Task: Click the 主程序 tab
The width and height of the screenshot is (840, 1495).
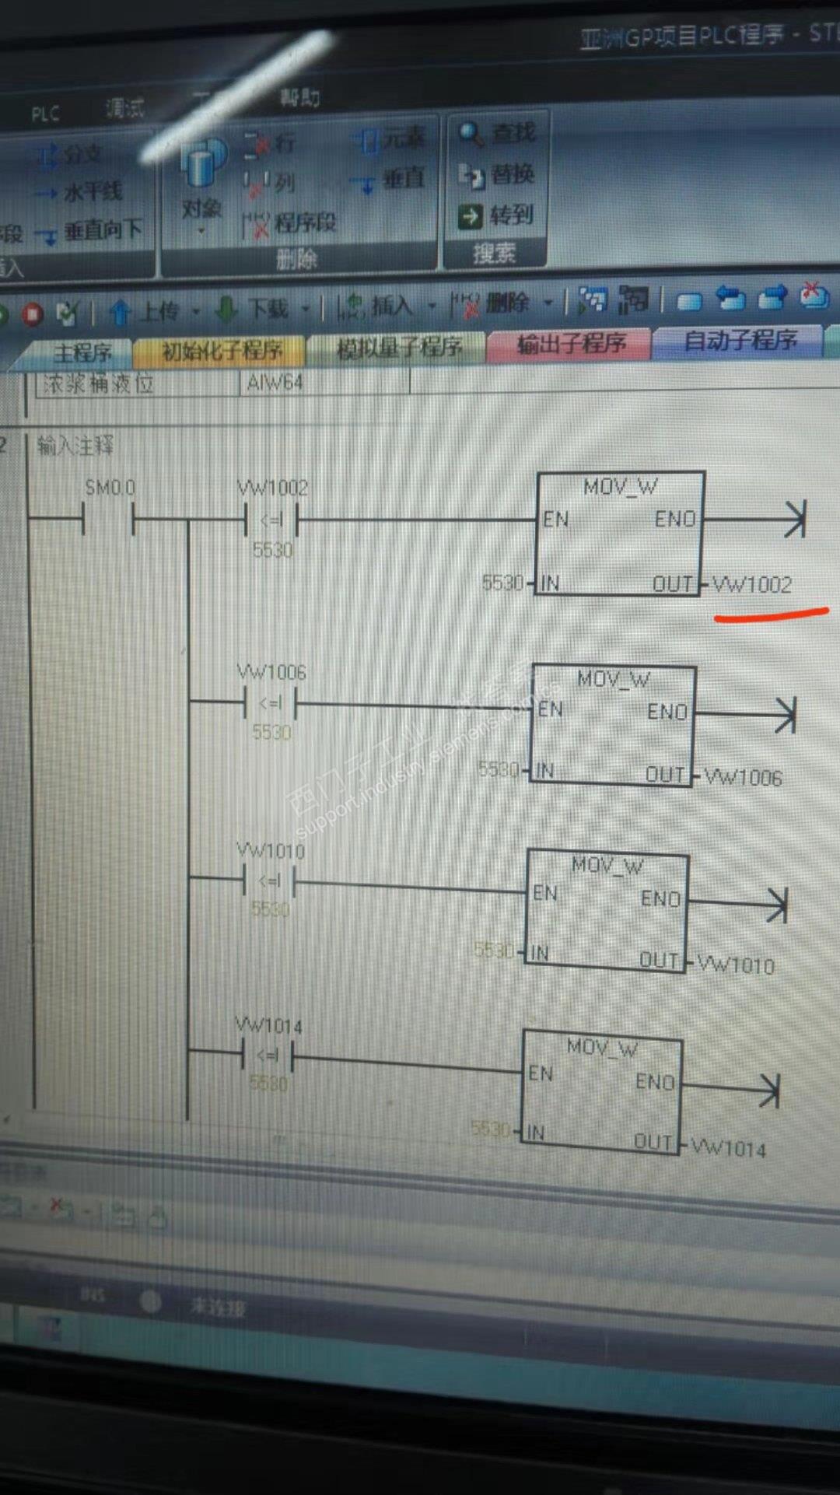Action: (x=82, y=352)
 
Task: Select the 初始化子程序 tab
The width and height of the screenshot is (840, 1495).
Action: (x=221, y=350)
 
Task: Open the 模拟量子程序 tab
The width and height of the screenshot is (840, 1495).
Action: (x=398, y=347)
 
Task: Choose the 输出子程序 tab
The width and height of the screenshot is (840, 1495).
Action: (x=571, y=343)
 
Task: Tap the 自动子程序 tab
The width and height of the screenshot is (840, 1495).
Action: (x=740, y=340)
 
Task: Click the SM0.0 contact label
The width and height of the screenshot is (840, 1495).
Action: (x=110, y=488)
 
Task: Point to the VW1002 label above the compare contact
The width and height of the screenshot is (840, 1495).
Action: (x=272, y=488)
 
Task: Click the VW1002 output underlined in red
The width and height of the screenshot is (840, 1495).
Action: (x=752, y=584)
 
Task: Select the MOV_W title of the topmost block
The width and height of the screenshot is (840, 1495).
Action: (x=620, y=487)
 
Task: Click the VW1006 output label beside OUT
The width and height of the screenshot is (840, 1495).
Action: (x=743, y=776)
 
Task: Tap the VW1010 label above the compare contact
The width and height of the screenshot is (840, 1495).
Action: (x=271, y=851)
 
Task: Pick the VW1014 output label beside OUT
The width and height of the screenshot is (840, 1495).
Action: (x=728, y=1148)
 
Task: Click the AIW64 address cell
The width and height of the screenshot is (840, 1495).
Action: (x=274, y=383)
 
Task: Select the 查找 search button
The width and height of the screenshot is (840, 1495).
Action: (x=498, y=134)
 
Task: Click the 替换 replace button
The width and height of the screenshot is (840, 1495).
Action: (x=496, y=175)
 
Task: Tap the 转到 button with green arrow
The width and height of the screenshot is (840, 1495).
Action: (x=496, y=215)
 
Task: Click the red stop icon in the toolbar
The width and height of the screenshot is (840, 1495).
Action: (x=33, y=314)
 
